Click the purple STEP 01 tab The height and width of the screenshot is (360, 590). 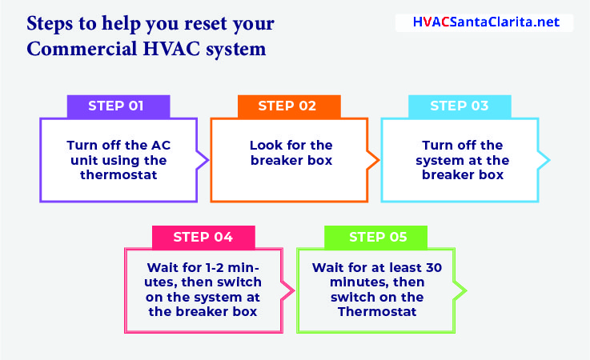(118, 106)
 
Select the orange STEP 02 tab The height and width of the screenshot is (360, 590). (289, 106)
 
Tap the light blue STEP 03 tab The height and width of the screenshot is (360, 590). (460, 106)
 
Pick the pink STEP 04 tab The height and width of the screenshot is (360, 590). (203, 237)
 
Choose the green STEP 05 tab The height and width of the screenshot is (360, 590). (375, 237)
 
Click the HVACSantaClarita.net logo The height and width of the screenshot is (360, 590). (484, 22)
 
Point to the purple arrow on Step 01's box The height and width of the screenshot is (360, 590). (203, 160)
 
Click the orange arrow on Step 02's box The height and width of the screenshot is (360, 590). (374, 160)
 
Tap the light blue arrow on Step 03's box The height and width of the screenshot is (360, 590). (544, 160)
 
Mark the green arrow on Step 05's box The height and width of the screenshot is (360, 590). (460, 290)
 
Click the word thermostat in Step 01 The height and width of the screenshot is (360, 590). (118, 175)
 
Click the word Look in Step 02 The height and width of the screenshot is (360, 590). (266, 146)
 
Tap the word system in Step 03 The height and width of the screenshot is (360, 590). (439, 161)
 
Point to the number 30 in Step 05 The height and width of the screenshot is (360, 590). (434, 268)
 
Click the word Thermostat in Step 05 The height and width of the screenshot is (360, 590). (377, 312)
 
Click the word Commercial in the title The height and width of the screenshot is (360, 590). (82, 49)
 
